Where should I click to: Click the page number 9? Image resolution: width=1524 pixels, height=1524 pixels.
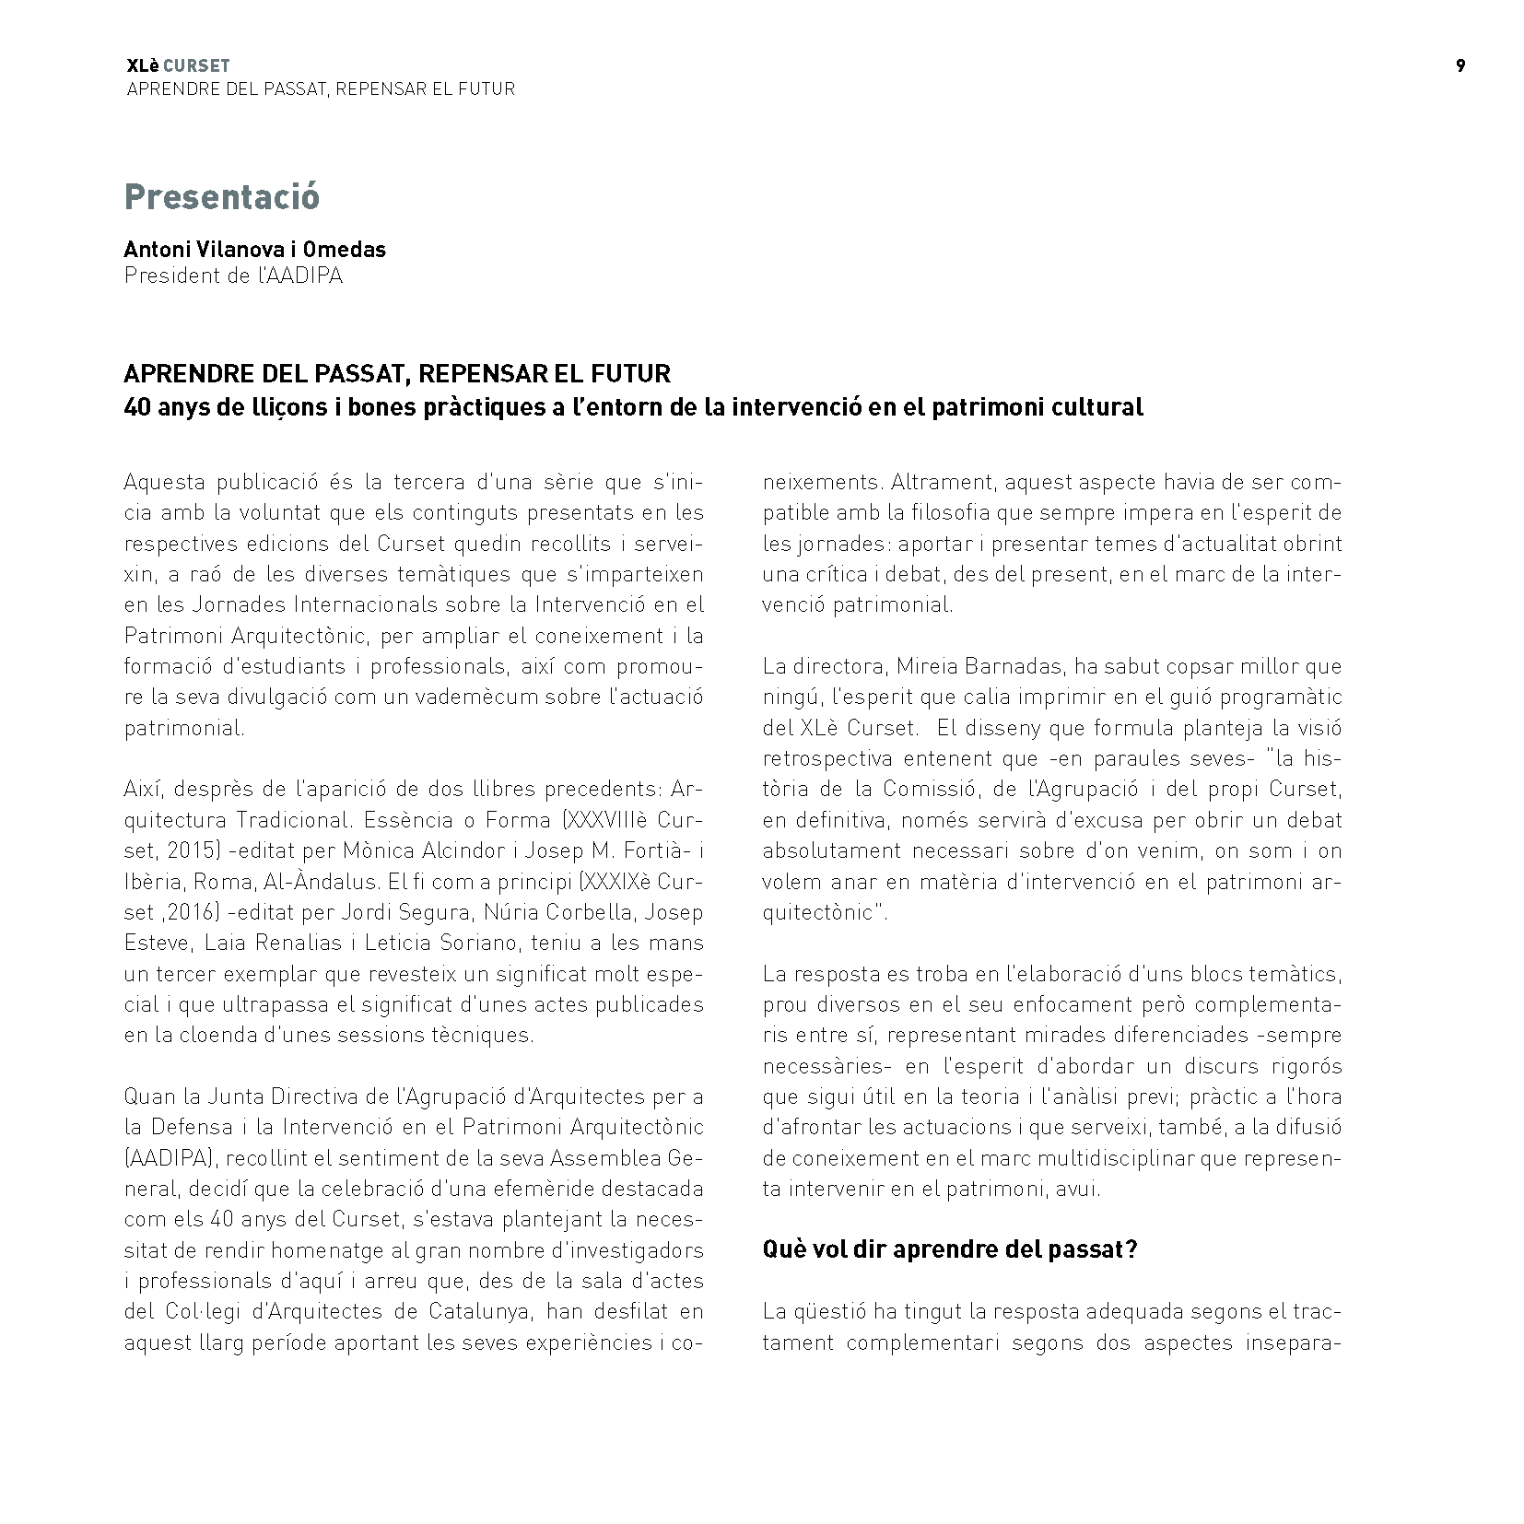coord(1460,65)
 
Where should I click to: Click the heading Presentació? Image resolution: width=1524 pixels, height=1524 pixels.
coord(221,196)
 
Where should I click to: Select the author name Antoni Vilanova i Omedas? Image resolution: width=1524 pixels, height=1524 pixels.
coord(254,250)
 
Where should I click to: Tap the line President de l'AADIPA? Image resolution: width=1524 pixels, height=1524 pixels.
coord(233,275)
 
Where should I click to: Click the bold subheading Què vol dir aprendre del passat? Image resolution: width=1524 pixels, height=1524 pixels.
coord(950,1249)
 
